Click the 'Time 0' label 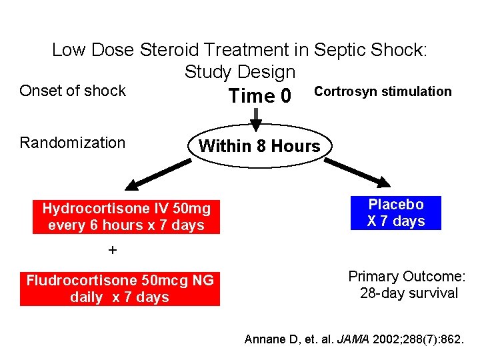click(x=259, y=96)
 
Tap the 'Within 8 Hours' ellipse click(x=259, y=146)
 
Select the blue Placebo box click(x=395, y=213)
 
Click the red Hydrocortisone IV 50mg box click(x=126, y=217)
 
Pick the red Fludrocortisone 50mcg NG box click(x=120, y=289)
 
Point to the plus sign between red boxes click(x=113, y=251)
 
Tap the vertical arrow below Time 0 click(x=256, y=117)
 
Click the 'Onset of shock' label click(x=73, y=91)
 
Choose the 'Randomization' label click(x=73, y=143)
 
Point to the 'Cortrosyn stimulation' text click(x=383, y=91)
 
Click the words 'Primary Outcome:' click(x=407, y=277)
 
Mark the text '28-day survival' click(x=409, y=293)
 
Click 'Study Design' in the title click(x=240, y=71)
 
